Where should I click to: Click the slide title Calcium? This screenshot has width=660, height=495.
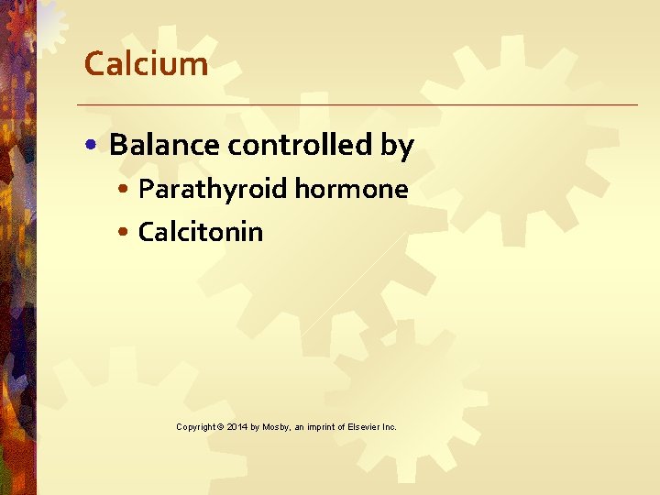[x=146, y=64]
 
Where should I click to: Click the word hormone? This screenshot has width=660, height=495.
[x=351, y=189]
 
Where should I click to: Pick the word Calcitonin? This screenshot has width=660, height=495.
[x=200, y=232]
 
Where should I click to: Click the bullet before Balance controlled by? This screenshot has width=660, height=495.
[x=95, y=146]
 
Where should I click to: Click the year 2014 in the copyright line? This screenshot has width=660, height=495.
[x=236, y=427]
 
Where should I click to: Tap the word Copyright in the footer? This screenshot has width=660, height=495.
[x=195, y=427]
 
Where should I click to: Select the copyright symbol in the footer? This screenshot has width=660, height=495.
[x=220, y=427]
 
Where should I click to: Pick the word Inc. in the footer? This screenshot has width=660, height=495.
[x=389, y=427]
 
